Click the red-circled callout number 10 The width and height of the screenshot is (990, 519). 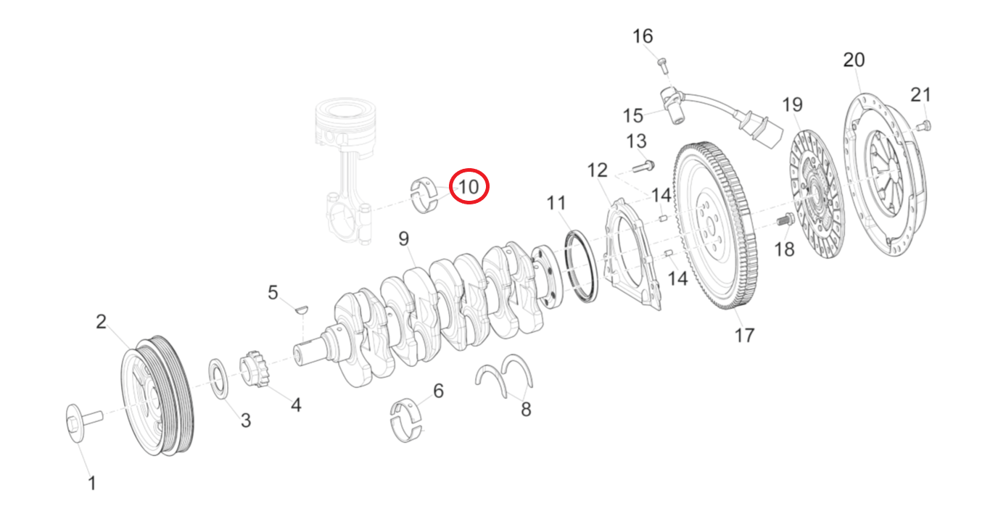point(469,187)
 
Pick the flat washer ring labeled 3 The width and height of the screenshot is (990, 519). point(218,378)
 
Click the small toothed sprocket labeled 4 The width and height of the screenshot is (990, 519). point(251,367)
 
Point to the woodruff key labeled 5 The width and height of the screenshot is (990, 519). point(302,310)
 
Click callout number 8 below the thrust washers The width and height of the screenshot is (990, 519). point(526,410)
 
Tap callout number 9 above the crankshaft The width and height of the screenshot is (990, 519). point(404,238)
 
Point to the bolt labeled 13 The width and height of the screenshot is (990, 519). point(643,167)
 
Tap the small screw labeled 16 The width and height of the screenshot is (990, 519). point(662,65)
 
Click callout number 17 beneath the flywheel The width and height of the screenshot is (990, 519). point(744,335)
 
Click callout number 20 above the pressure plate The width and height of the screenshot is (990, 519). point(854,59)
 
